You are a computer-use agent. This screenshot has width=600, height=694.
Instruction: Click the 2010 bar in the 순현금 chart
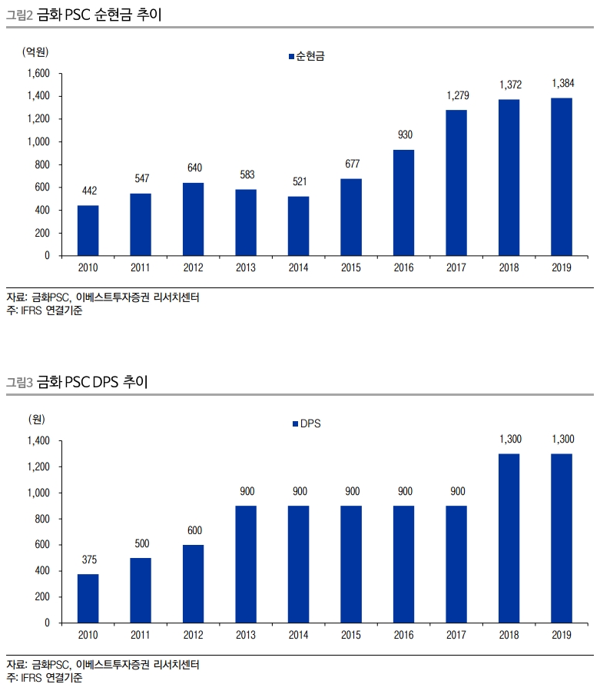coord(88,230)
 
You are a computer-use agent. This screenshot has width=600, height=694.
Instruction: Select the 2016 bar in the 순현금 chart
coord(404,202)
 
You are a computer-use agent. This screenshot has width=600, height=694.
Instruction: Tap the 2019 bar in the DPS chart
coord(562,537)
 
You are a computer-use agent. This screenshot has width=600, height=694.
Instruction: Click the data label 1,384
coord(562,83)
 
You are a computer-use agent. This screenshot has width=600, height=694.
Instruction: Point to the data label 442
coord(88,191)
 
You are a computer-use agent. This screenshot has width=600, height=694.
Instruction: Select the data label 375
coord(88,559)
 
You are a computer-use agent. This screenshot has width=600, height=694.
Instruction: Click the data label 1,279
coord(457,95)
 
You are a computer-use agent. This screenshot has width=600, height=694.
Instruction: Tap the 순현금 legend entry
coord(306,56)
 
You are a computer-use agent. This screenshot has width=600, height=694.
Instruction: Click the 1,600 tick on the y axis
coord(38,74)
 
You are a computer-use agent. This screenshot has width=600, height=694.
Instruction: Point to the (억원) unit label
coord(35,51)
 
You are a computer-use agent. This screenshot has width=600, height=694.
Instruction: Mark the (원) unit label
coord(35,419)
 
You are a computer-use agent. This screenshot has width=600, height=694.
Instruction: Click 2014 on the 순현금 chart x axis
coord(298,267)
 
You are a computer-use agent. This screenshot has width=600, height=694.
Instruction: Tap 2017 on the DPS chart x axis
coord(456,635)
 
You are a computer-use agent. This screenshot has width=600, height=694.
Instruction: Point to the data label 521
coord(298,182)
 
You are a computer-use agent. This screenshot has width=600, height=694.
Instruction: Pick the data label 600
coord(193,530)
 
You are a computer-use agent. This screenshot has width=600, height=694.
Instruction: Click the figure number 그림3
coord(18,383)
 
